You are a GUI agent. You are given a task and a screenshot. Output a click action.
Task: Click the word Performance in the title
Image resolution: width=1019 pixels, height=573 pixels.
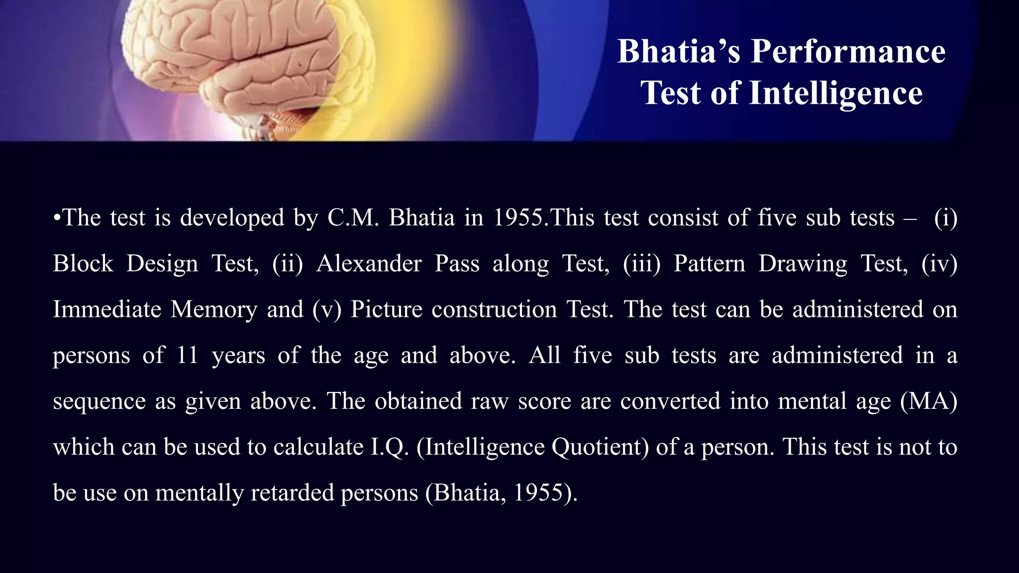tap(848, 52)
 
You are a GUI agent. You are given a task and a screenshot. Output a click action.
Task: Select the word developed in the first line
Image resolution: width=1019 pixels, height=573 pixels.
tap(232, 218)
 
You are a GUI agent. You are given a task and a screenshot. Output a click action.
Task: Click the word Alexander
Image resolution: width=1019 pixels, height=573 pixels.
tap(369, 264)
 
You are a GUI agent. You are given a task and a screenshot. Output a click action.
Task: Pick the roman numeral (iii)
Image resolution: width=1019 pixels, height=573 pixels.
tap(641, 264)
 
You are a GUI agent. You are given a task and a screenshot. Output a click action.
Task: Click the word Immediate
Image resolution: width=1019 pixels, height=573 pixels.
tap(106, 309)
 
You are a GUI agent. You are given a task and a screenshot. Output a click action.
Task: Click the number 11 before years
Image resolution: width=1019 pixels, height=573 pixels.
tap(188, 356)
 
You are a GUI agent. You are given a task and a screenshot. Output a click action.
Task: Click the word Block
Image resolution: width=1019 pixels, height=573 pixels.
tap(83, 264)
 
